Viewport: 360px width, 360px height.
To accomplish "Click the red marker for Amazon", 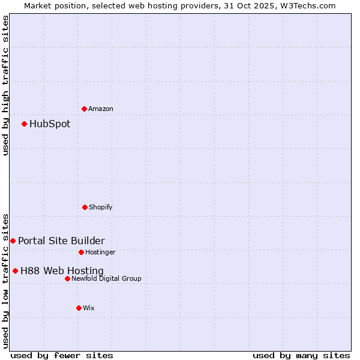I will click(x=85, y=109).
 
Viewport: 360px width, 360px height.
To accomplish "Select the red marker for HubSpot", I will click(x=25, y=124).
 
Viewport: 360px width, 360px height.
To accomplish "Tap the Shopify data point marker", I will click(x=85, y=207).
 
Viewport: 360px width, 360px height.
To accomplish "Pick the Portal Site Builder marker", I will click(x=13, y=241).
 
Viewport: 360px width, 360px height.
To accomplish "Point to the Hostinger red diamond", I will click(x=81, y=252).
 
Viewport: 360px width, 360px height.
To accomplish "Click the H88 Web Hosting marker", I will click(x=15, y=271).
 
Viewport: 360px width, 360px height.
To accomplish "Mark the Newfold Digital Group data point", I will click(x=67, y=278).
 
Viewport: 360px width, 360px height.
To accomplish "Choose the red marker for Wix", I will click(x=79, y=308).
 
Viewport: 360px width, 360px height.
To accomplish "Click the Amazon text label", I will click(x=101, y=109).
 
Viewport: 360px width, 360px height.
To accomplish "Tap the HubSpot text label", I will click(x=50, y=124).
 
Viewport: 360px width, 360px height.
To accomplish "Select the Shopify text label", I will click(x=101, y=207).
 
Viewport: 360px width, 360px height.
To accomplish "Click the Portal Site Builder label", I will click(x=61, y=241).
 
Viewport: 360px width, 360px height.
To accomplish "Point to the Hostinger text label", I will click(x=100, y=252).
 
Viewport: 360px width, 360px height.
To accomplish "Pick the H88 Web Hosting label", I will click(x=62, y=271).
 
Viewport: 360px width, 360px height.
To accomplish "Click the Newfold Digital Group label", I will click(x=106, y=278).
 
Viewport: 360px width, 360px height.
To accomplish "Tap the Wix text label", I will click(x=89, y=308).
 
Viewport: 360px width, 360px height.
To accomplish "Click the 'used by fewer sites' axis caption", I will click(x=62, y=355).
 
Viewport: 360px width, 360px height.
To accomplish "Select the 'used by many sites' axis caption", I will click(x=301, y=355).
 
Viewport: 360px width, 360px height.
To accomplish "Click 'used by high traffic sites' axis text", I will click(x=5, y=85).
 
